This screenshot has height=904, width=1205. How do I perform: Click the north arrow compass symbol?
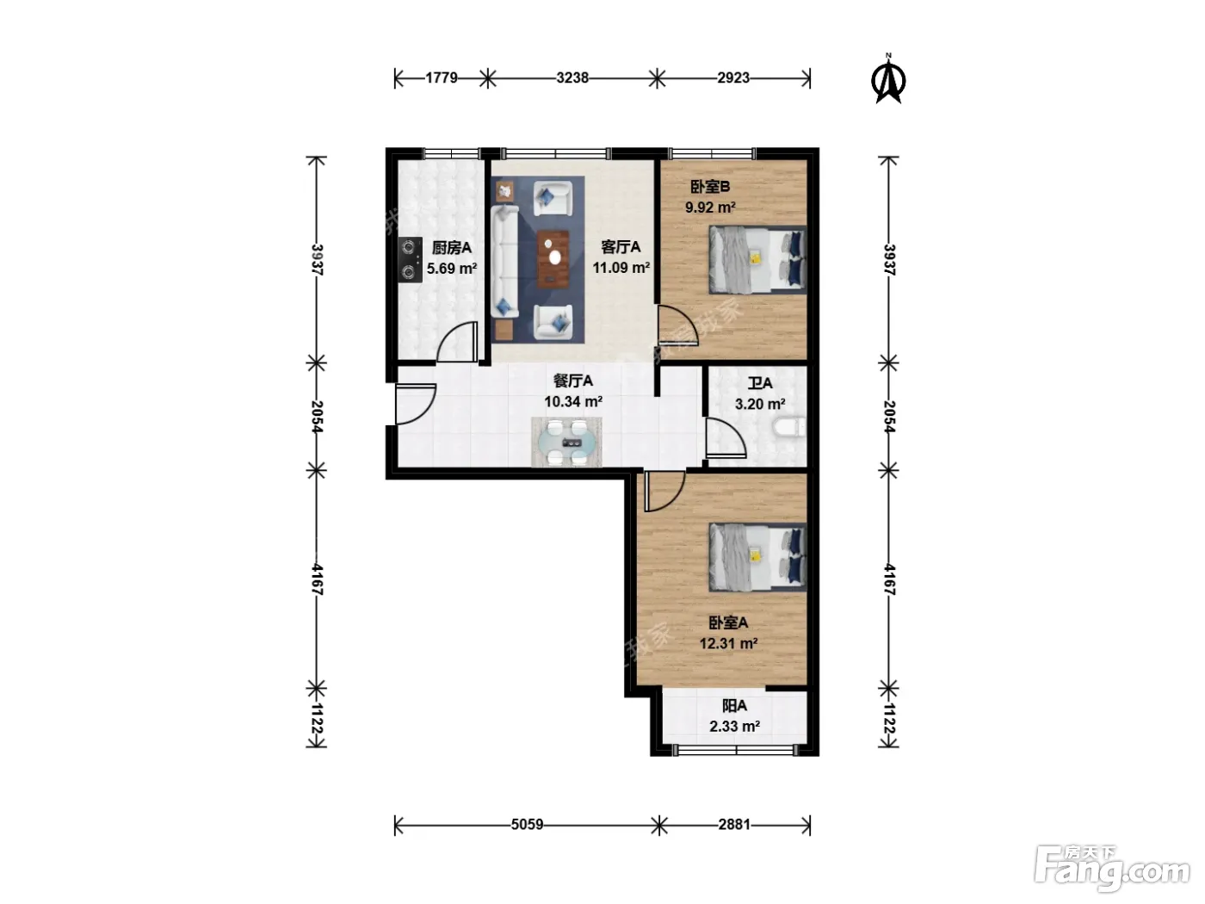887,79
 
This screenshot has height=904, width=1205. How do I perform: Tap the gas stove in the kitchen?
410,260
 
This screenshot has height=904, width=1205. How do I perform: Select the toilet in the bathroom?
790,428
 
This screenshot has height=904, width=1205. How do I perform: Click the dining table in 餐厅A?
566,442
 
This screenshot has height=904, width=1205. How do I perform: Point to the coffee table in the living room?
553,259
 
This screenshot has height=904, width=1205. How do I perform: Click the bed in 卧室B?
757,260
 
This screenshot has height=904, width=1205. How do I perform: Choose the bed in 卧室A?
757,557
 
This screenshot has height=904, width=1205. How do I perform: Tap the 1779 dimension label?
441,78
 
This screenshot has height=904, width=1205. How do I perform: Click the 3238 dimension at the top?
572,78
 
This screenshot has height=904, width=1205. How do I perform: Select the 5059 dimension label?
527,825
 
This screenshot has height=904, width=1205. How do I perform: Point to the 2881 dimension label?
734,825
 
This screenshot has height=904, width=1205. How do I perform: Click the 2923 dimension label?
732,78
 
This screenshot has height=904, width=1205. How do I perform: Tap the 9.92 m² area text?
710,207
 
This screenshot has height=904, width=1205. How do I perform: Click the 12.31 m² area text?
728,643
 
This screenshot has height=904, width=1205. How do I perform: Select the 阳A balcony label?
734,705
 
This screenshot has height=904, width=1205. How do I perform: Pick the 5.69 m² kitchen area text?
452,269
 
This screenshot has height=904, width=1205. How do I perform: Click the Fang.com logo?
1112,868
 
